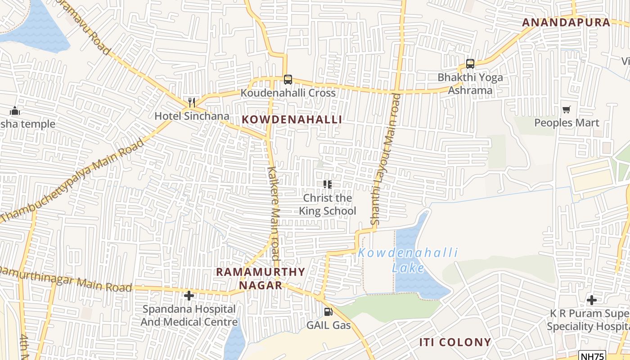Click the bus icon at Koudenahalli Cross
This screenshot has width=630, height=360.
288,80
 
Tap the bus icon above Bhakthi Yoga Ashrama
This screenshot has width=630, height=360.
470,64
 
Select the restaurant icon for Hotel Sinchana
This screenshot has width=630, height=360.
192,103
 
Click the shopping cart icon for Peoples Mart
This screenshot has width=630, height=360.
566,110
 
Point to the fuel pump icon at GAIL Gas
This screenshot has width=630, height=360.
328,311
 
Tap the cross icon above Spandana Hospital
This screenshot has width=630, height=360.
189,296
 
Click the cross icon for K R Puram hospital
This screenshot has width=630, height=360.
592,300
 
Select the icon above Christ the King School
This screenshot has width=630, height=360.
327,184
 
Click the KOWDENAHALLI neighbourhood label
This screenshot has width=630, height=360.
292,119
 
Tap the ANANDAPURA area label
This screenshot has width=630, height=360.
566,22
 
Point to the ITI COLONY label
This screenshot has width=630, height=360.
455,342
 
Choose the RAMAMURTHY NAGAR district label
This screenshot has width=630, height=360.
261,279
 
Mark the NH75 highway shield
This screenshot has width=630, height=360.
592,356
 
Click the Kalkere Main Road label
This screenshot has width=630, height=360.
273,213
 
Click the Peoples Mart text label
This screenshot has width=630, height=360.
567,123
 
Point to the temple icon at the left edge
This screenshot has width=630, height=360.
14,111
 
